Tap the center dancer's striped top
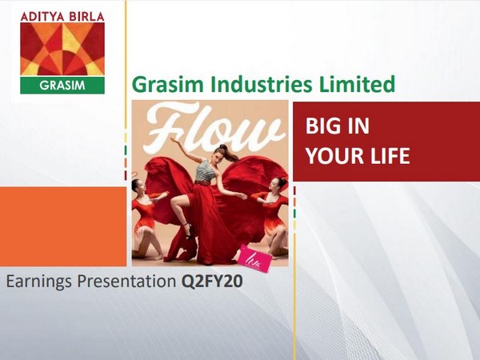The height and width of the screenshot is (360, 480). pyautogui.click(x=206, y=170)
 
